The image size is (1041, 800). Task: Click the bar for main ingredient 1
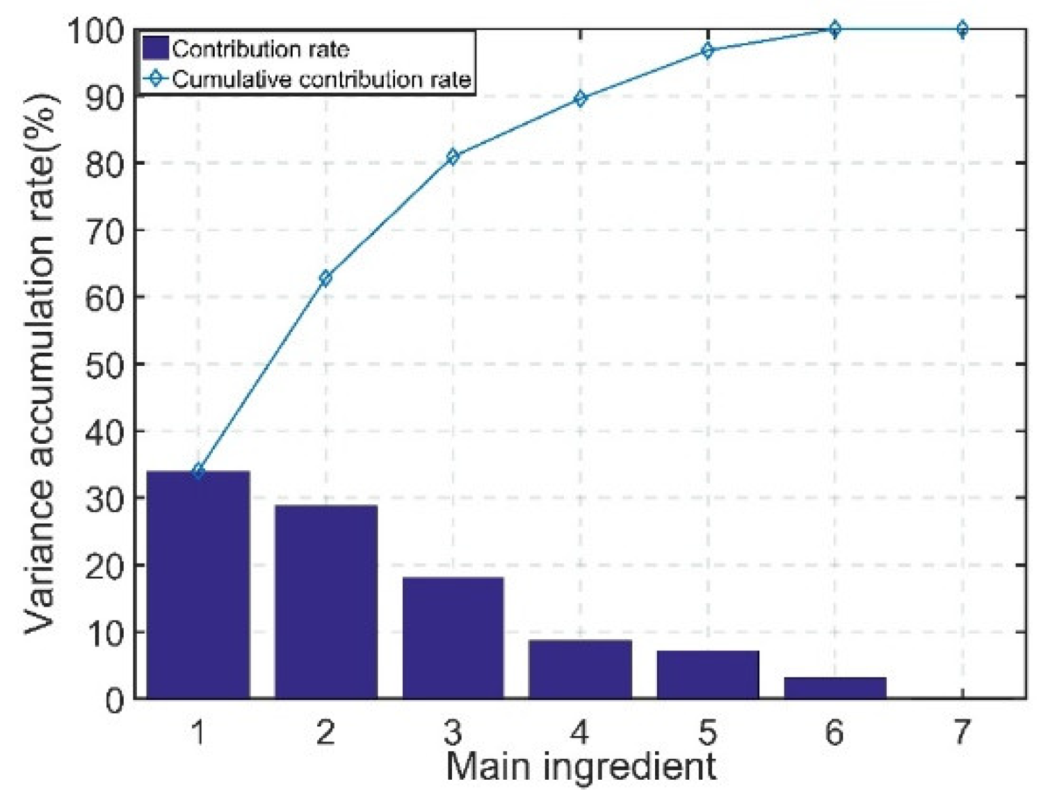point(198,584)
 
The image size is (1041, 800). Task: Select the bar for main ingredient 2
point(325,602)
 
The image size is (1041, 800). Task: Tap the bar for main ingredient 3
point(453,637)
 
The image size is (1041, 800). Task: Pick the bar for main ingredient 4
point(580,669)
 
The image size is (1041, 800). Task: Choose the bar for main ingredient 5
point(707,674)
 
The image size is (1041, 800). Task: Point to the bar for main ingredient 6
point(834,687)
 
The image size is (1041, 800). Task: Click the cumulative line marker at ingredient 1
point(198,472)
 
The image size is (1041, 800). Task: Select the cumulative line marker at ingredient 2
point(325,278)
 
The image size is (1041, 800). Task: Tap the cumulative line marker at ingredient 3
point(453,157)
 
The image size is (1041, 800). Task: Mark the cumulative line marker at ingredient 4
point(580,99)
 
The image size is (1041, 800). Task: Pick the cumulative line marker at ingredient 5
point(707,51)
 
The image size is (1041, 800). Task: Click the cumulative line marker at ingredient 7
point(962,29)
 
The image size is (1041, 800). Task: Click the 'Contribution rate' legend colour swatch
point(155,49)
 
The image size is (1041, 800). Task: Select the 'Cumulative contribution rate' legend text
point(321,79)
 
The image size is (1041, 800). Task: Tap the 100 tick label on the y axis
point(95,31)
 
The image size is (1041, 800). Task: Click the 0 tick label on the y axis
point(115,700)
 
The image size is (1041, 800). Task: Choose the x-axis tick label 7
point(962,733)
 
